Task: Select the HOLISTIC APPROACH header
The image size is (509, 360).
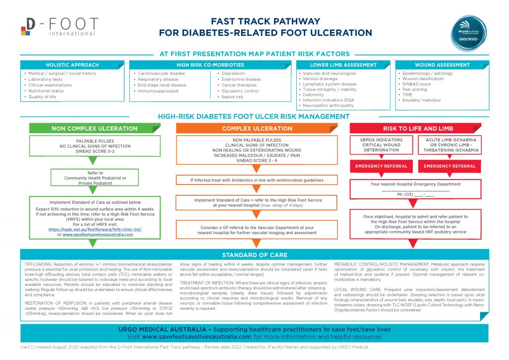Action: tap(72, 65)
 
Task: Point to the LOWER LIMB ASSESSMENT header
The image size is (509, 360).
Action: tap(343, 65)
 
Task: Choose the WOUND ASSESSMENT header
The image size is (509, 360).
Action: tap(442, 65)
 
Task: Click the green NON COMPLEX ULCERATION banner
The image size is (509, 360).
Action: tap(94, 129)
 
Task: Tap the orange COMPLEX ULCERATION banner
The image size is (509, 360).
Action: tap(257, 129)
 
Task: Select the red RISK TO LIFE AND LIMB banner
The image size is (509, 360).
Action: tap(417, 129)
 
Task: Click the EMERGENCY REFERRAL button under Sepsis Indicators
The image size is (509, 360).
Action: tap(381, 166)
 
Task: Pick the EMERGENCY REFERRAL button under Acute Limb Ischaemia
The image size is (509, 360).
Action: tap(450, 166)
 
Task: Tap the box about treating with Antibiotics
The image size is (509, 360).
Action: tap(257, 180)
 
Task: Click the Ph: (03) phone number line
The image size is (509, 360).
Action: tap(417, 194)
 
